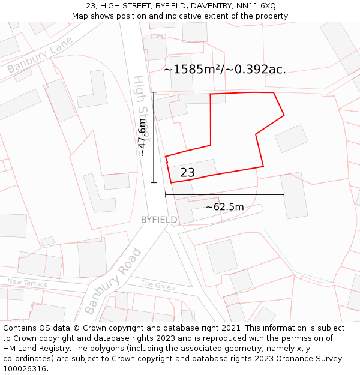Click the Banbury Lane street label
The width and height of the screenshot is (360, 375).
coord(40,55)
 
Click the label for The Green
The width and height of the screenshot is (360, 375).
coord(158,285)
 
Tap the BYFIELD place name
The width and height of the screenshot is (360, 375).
coord(159,220)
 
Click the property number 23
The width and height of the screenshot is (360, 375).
coord(187,173)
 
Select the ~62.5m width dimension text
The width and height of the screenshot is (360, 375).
coord(225,207)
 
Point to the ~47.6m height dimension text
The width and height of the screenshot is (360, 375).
coord(142,137)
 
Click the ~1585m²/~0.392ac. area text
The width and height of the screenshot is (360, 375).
coord(225,70)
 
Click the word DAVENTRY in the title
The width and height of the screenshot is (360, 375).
coord(197,6)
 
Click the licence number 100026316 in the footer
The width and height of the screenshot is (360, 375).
coord(25,369)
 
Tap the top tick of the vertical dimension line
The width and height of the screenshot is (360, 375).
coord(154,92)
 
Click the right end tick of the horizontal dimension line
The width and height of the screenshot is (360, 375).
coord(284,194)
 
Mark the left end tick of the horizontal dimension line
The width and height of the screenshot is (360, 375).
coord(166,194)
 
